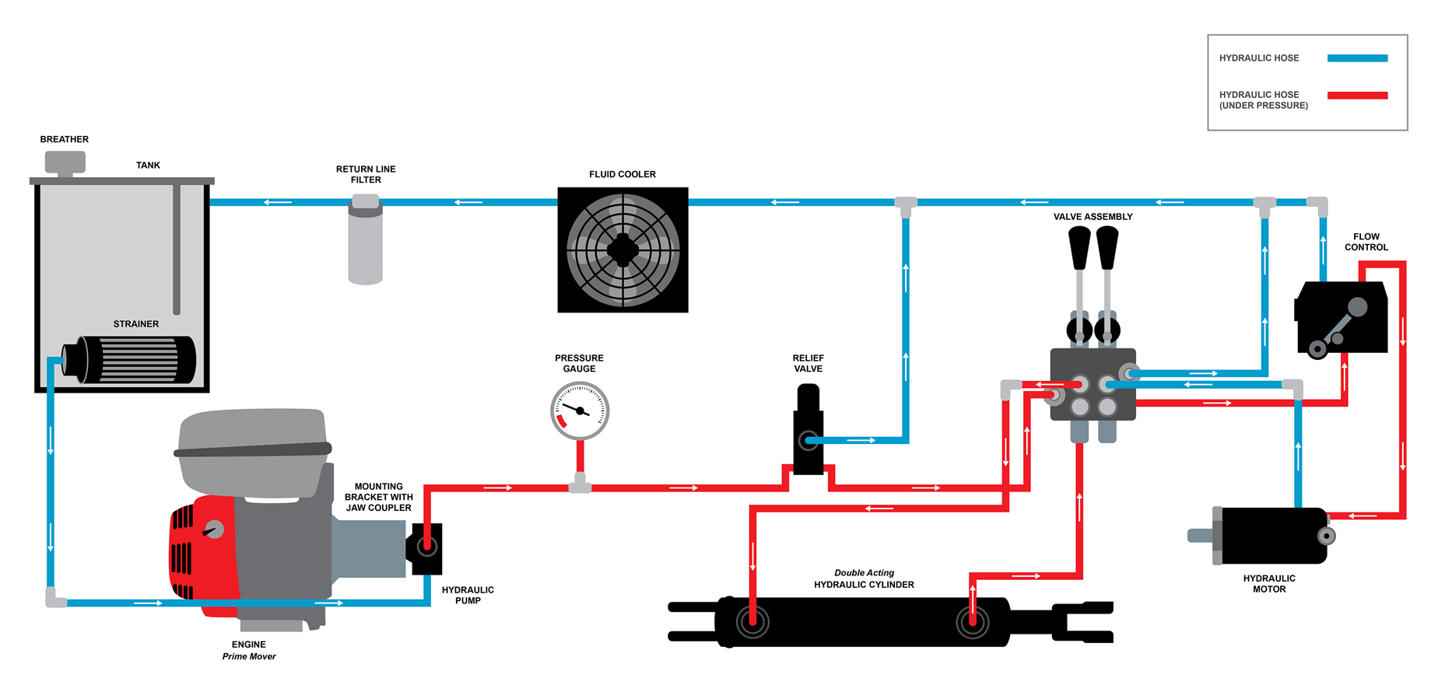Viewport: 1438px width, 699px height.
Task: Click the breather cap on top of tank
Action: tap(65, 162)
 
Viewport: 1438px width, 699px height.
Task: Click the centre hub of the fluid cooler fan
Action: tap(623, 250)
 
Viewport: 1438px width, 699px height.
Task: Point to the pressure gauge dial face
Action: tap(580, 411)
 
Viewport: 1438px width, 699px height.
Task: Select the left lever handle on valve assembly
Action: tap(1079, 247)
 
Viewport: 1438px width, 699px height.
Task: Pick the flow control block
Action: tap(1342, 317)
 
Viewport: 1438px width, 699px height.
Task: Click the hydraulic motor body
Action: tap(1274, 536)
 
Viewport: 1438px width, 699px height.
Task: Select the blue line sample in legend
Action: tap(1357, 58)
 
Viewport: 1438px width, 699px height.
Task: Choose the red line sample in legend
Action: tap(1357, 96)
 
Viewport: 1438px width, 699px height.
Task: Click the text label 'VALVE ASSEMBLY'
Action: tap(1093, 217)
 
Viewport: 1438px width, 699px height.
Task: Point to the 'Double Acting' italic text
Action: tap(864, 573)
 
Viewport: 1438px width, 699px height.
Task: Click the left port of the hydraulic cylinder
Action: tap(752, 621)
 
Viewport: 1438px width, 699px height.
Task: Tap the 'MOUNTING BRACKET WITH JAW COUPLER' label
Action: tap(379, 497)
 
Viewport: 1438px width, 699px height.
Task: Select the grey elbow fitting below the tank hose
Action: tap(55, 599)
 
